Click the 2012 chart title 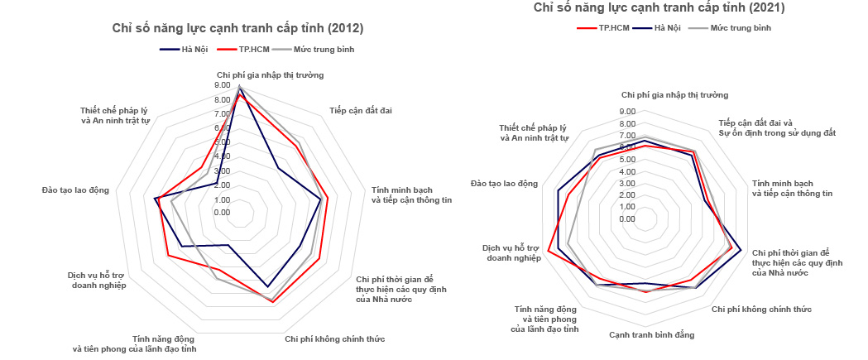tap(238, 28)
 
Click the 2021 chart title tap(659, 8)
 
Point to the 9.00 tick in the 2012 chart tap(222, 85)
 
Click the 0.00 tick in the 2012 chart tap(222, 213)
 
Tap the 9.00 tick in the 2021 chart tap(626, 112)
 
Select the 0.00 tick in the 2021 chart tap(626, 219)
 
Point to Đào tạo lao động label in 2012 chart tap(75, 190)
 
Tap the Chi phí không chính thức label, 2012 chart tap(334, 338)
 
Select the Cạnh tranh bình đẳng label tap(651, 334)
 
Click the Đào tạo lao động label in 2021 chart tap(503, 183)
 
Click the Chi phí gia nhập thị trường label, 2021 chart tap(674, 95)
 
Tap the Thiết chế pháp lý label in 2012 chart tap(116, 115)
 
